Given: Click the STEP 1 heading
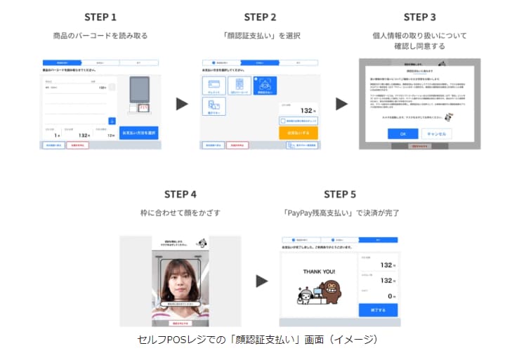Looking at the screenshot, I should tap(100, 17).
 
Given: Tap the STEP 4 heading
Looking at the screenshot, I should tap(180, 194).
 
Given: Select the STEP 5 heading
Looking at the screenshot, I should tap(340, 194).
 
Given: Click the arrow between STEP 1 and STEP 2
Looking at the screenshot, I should tap(182, 104).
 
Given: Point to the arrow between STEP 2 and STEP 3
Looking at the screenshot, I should tap(342, 104).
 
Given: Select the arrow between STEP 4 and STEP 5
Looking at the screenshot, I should tap(261, 281).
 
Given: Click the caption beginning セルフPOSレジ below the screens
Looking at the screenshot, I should tap(258, 340).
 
